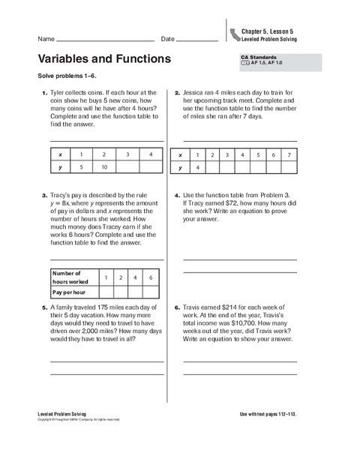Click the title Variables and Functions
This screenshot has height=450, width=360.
click(103, 58)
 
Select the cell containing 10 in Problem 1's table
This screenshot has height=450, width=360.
click(104, 166)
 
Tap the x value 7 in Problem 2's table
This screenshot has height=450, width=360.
click(289, 154)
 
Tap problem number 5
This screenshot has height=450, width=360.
click(44, 307)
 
